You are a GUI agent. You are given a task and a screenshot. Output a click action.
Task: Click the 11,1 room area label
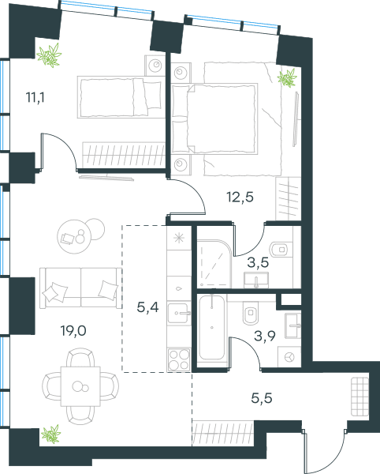35,98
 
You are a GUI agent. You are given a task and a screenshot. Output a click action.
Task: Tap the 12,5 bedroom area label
240,197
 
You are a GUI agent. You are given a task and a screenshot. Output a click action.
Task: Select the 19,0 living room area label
73,331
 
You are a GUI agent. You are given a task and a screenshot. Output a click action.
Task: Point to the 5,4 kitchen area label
147,307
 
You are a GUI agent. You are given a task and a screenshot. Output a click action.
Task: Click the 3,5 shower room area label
258,262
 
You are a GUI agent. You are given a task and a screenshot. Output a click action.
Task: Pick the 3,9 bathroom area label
265,336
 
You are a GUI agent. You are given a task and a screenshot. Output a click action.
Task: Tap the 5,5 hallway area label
262,398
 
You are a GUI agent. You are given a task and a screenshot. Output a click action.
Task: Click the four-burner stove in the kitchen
179,359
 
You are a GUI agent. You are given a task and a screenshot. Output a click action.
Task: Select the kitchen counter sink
179,313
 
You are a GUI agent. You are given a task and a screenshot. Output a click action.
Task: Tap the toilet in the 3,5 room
281,250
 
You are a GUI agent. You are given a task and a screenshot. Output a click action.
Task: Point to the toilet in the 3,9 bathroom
251,312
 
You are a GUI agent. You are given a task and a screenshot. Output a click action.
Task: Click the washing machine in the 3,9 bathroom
289,357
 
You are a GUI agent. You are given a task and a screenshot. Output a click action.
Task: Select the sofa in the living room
80,288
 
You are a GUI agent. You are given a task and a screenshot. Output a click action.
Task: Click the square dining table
80,386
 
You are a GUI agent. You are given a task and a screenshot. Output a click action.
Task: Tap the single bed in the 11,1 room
119,96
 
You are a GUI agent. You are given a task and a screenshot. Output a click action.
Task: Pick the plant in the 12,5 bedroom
287,78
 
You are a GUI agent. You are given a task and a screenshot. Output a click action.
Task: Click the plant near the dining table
51,434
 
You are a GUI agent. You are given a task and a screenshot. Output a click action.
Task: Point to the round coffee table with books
74,237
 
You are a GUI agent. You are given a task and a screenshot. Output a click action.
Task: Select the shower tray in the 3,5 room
214,263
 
